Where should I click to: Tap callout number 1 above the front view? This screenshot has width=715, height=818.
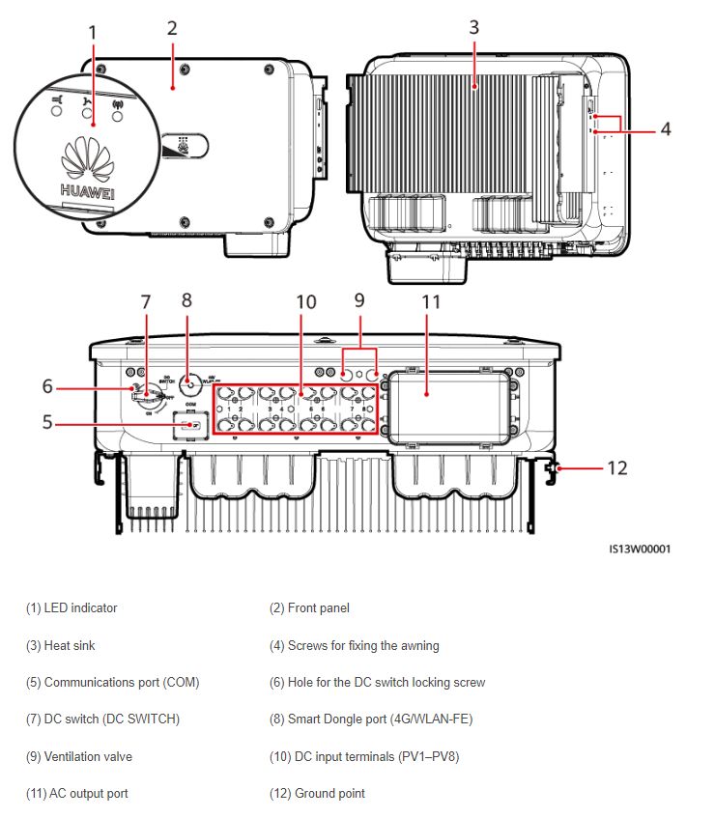coord(93,32)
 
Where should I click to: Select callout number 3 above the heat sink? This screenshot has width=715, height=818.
coord(473,27)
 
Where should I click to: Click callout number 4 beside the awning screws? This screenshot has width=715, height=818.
coord(666,127)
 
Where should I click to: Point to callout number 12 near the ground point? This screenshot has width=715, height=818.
coord(617,468)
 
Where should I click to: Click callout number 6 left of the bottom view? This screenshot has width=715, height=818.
coord(47,386)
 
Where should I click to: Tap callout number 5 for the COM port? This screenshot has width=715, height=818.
coord(47,422)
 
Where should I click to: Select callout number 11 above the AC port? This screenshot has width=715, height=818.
coord(431,301)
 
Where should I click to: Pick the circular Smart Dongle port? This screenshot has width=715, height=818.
coord(191,383)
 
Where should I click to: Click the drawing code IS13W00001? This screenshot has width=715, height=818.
coord(640,550)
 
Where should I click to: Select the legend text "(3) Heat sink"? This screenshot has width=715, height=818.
coord(61,645)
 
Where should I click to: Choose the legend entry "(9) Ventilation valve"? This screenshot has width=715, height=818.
coord(79,756)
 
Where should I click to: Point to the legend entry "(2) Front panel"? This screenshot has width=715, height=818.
coord(309,608)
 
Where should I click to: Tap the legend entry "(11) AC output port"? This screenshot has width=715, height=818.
coord(77,794)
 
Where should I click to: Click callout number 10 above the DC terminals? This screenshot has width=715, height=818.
coord(305,301)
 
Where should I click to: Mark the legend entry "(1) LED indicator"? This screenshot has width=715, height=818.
coord(71,608)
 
